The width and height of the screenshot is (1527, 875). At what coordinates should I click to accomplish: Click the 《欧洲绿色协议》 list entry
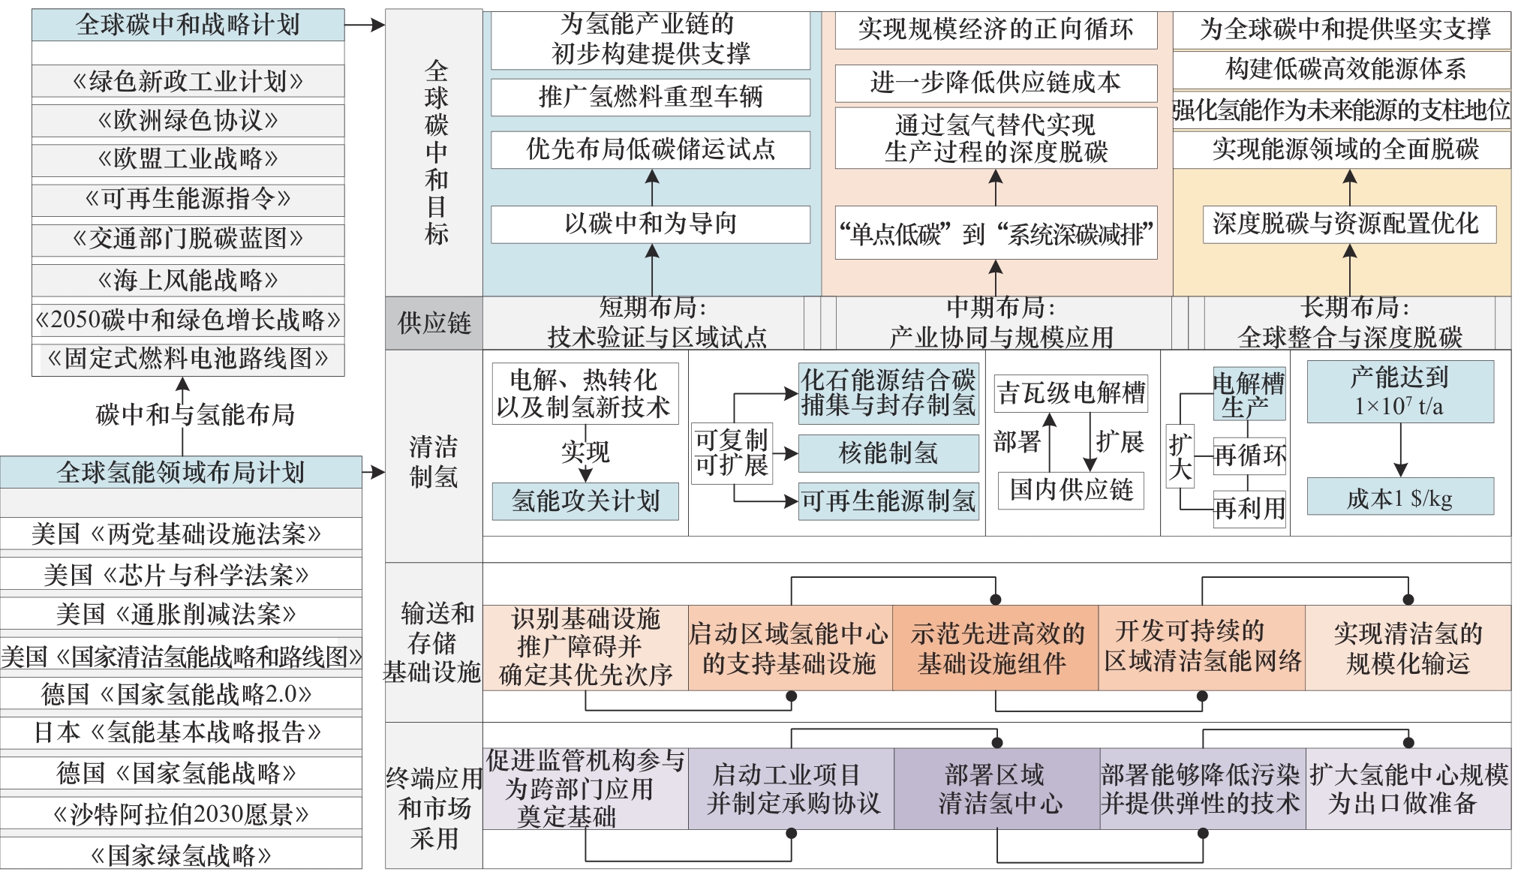point(188,120)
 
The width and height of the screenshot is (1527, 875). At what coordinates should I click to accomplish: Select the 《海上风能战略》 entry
point(188,280)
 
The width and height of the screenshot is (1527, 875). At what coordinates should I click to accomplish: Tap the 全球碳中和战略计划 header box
point(188,25)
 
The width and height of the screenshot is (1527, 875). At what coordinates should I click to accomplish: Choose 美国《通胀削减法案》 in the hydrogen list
point(180,615)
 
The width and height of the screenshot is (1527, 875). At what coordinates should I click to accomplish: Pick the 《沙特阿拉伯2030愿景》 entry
point(180,813)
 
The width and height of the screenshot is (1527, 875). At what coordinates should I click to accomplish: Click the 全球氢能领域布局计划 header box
point(180,472)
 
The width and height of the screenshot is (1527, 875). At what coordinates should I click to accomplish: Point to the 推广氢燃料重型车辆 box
point(651,97)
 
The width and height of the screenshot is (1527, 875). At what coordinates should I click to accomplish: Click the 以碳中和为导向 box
point(651,224)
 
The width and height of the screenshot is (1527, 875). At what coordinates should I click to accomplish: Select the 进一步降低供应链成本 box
point(996,83)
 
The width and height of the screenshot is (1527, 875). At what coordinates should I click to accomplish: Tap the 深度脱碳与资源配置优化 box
point(1348,224)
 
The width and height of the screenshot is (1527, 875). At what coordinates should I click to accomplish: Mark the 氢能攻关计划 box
point(585,501)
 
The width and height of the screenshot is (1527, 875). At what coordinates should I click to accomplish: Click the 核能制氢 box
point(888,453)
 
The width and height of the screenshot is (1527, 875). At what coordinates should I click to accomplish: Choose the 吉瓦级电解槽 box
point(1071,393)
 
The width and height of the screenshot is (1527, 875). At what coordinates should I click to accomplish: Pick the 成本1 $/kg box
point(1400,498)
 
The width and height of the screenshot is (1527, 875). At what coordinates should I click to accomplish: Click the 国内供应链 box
point(1071,490)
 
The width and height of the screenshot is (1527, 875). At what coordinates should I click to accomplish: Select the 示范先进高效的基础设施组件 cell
point(995,648)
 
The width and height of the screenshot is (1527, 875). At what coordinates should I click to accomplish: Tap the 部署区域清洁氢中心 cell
point(996,789)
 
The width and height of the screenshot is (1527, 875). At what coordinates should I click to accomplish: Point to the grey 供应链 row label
point(434,323)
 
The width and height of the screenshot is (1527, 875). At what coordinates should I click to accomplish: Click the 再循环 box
point(1249,456)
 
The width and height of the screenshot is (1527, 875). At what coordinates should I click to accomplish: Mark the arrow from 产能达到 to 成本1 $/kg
point(1401,450)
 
